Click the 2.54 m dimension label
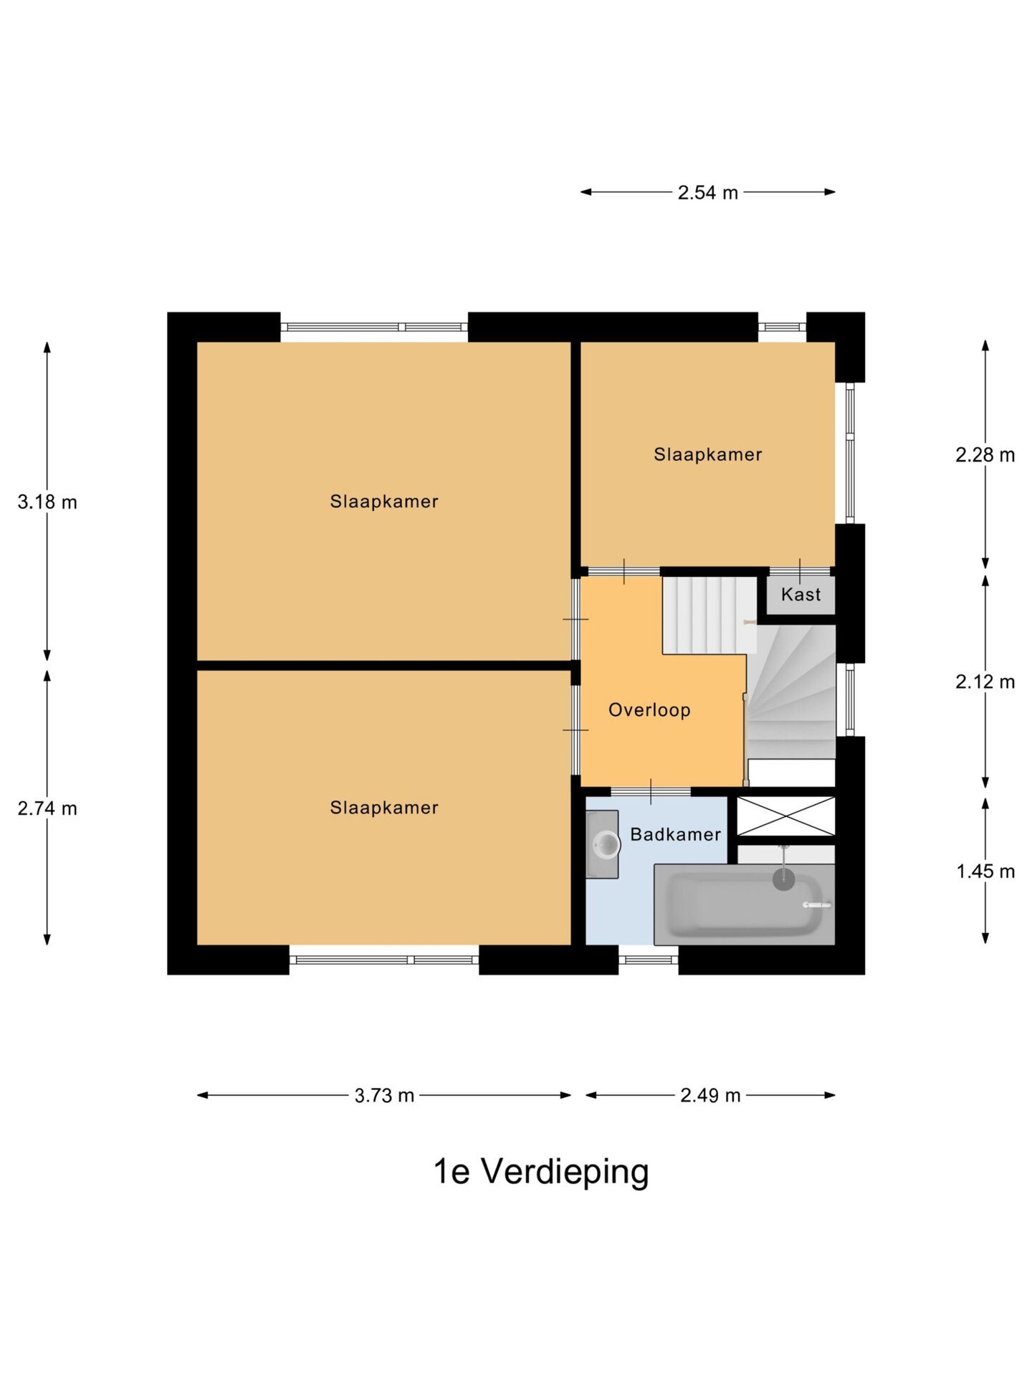point(707,193)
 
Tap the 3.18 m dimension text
point(47,502)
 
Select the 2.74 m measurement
point(47,808)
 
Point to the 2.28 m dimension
point(985,455)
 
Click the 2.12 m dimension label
point(985,682)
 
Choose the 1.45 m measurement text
point(985,871)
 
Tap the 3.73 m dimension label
point(384,1096)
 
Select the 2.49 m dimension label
point(710,1096)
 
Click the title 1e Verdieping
point(541,1172)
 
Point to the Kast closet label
point(801,595)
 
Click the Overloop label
point(649,710)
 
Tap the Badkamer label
point(675,834)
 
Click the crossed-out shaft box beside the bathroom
point(785,816)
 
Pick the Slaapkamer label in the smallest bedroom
point(707,454)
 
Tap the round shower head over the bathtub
point(783,879)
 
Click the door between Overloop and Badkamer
point(650,791)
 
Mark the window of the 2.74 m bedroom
point(384,960)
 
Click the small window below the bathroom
point(648,960)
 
